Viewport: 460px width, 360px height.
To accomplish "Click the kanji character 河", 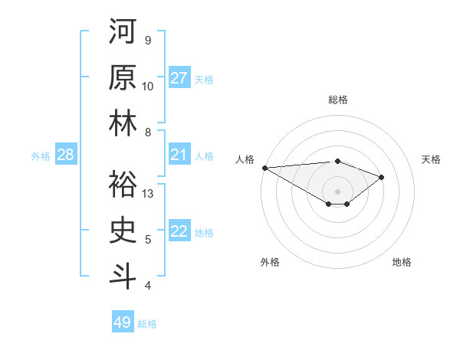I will point(122,31).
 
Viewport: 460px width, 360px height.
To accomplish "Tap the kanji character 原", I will point(122,77).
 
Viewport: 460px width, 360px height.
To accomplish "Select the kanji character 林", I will point(122,123).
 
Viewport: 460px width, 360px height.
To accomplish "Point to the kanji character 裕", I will point(122,185).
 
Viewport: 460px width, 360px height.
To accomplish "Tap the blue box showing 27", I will point(179,78).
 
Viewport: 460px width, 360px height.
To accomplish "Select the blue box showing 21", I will point(179,155).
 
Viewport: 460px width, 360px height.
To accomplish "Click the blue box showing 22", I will point(179,232).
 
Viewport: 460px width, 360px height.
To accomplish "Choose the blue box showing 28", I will point(66,155).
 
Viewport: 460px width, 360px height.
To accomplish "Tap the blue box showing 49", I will point(123,322).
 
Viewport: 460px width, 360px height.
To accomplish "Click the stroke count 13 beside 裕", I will point(148,194).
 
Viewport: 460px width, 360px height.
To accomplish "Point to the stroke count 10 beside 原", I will point(148,87).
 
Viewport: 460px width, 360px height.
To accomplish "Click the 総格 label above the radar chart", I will point(337,100).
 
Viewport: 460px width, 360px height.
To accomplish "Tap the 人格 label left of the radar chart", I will point(245,159).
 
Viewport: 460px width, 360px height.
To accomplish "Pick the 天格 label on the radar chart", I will point(432,159).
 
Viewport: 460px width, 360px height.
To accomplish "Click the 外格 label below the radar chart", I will point(270,262).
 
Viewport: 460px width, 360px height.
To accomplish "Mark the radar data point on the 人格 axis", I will point(264,167).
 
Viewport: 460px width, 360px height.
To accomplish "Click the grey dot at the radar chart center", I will point(337,190).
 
